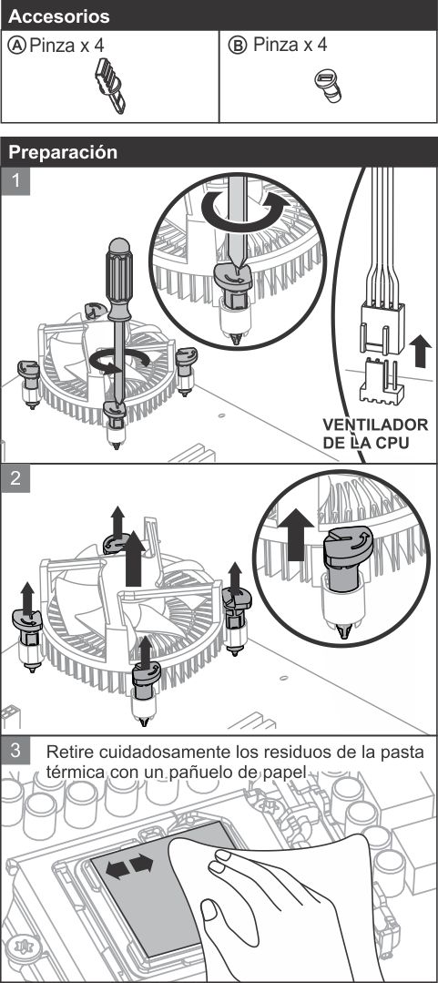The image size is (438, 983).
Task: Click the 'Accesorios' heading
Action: point(59,16)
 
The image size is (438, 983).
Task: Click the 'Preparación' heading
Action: point(63,152)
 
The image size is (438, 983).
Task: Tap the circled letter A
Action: point(17,46)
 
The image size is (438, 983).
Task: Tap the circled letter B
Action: point(238,46)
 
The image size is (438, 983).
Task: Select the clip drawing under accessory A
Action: point(110,86)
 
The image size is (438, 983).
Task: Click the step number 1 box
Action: point(15,181)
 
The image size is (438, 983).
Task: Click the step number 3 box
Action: point(15,751)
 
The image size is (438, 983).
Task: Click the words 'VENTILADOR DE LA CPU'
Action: point(375,434)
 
